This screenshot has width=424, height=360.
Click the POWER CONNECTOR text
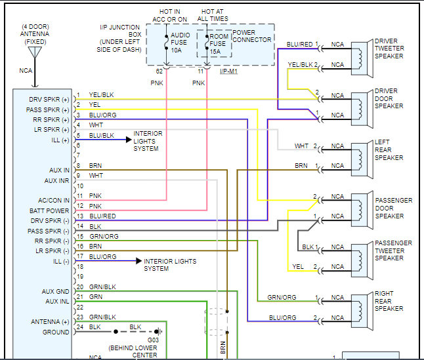tap(252, 35)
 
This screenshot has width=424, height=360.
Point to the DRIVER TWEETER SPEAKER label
tap(389, 49)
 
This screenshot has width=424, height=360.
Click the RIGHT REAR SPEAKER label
tap(389, 301)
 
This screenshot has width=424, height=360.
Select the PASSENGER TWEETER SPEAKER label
tap(393, 250)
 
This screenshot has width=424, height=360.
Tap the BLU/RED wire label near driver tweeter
tap(299, 45)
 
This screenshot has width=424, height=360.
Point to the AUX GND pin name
tap(54, 291)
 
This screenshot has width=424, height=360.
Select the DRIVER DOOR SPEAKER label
tap(389, 98)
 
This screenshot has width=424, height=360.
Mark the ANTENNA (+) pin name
tap(50, 322)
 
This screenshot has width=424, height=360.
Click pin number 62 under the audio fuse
tap(159, 70)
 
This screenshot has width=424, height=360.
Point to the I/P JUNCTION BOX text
tap(119, 37)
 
